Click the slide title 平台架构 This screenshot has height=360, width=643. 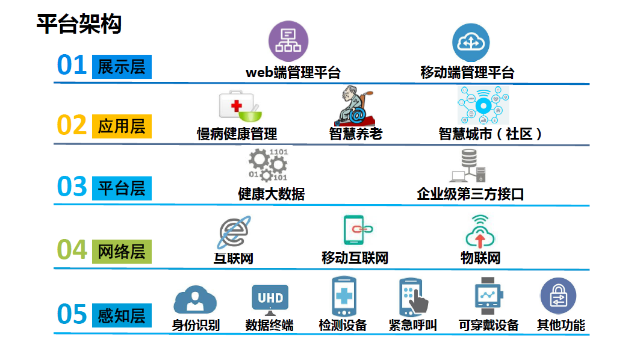79,24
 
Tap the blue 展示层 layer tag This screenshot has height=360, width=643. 122,66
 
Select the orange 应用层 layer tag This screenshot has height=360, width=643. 122,126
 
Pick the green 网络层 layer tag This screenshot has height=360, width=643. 122,250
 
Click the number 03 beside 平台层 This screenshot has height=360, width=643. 72,187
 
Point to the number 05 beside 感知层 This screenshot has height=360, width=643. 72,314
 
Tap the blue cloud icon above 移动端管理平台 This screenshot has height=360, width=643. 471,42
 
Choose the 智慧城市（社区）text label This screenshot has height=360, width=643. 491,134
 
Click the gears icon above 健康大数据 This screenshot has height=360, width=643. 268,166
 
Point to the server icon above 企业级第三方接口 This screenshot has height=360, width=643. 468,166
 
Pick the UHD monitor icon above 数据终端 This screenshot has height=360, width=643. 270,297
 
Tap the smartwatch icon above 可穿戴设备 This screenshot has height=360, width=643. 488,296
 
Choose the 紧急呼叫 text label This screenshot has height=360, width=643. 413,325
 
